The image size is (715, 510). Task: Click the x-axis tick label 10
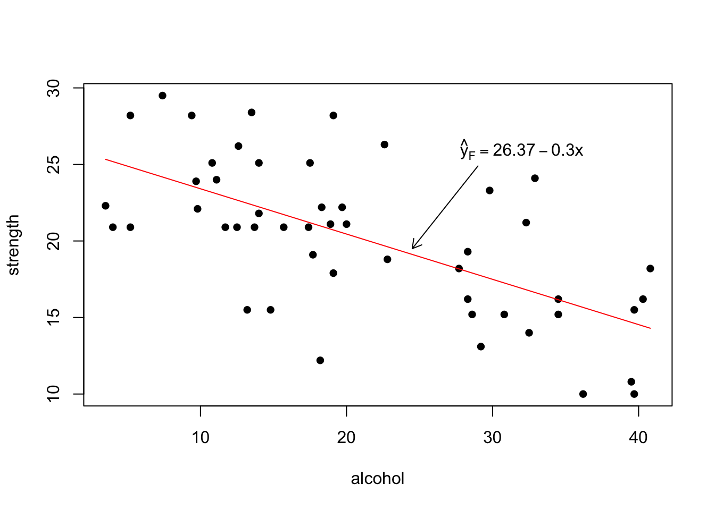pos(200,438)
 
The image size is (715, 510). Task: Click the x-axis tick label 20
pos(346,438)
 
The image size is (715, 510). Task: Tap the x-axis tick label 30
pos(493,438)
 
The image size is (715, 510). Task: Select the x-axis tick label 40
pos(638,438)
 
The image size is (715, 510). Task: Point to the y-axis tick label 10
pos(55,394)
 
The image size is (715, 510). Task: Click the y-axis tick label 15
pos(55,317)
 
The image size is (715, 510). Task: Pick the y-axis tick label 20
pos(55,241)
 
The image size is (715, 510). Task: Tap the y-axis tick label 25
pos(55,164)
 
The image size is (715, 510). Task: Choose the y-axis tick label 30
pos(55,88)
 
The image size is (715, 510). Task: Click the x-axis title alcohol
pos(377,479)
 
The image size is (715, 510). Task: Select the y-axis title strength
pos(14,245)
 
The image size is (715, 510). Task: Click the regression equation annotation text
pos(521,150)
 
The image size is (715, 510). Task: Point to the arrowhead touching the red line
pos(413,248)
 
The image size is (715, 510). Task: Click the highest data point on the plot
pos(162,96)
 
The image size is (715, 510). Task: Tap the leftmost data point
pos(105,206)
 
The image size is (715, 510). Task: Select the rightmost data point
pos(650,268)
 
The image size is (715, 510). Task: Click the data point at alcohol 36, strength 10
pos(583,394)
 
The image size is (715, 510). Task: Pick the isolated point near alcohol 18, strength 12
pos(320,360)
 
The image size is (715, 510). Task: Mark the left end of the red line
pos(106,159)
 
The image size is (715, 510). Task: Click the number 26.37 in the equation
pos(513,150)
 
